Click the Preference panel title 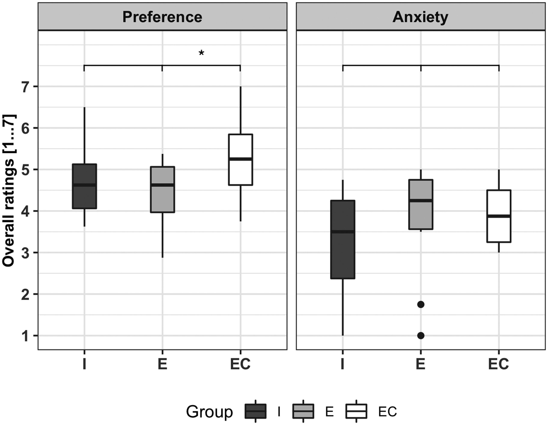click(x=162, y=17)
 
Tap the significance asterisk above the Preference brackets click(x=201, y=53)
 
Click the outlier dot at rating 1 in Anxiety click(x=421, y=335)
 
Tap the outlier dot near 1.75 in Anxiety click(x=421, y=305)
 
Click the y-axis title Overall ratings click(x=9, y=191)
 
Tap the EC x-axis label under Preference click(x=240, y=364)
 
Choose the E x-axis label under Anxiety click(x=421, y=364)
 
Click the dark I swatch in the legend click(x=255, y=411)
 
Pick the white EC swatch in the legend click(x=356, y=411)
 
